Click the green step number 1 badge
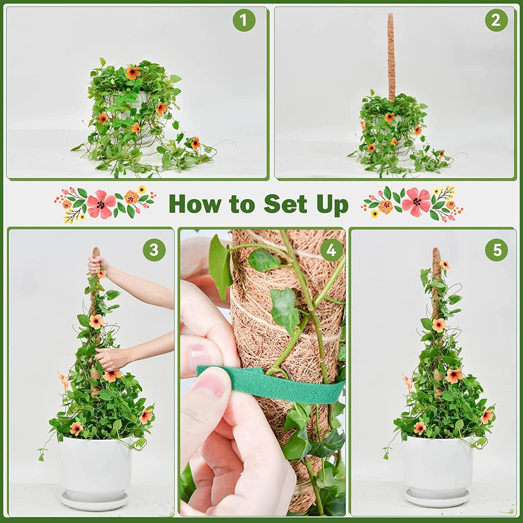pyautogui.click(x=244, y=20)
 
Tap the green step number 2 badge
pyautogui.click(x=496, y=20)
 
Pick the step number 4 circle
pyautogui.click(x=331, y=250)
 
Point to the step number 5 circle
pyautogui.click(x=497, y=250)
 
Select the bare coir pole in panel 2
pyautogui.click(x=391, y=56)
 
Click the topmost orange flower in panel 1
pyautogui.click(x=132, y=73)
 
